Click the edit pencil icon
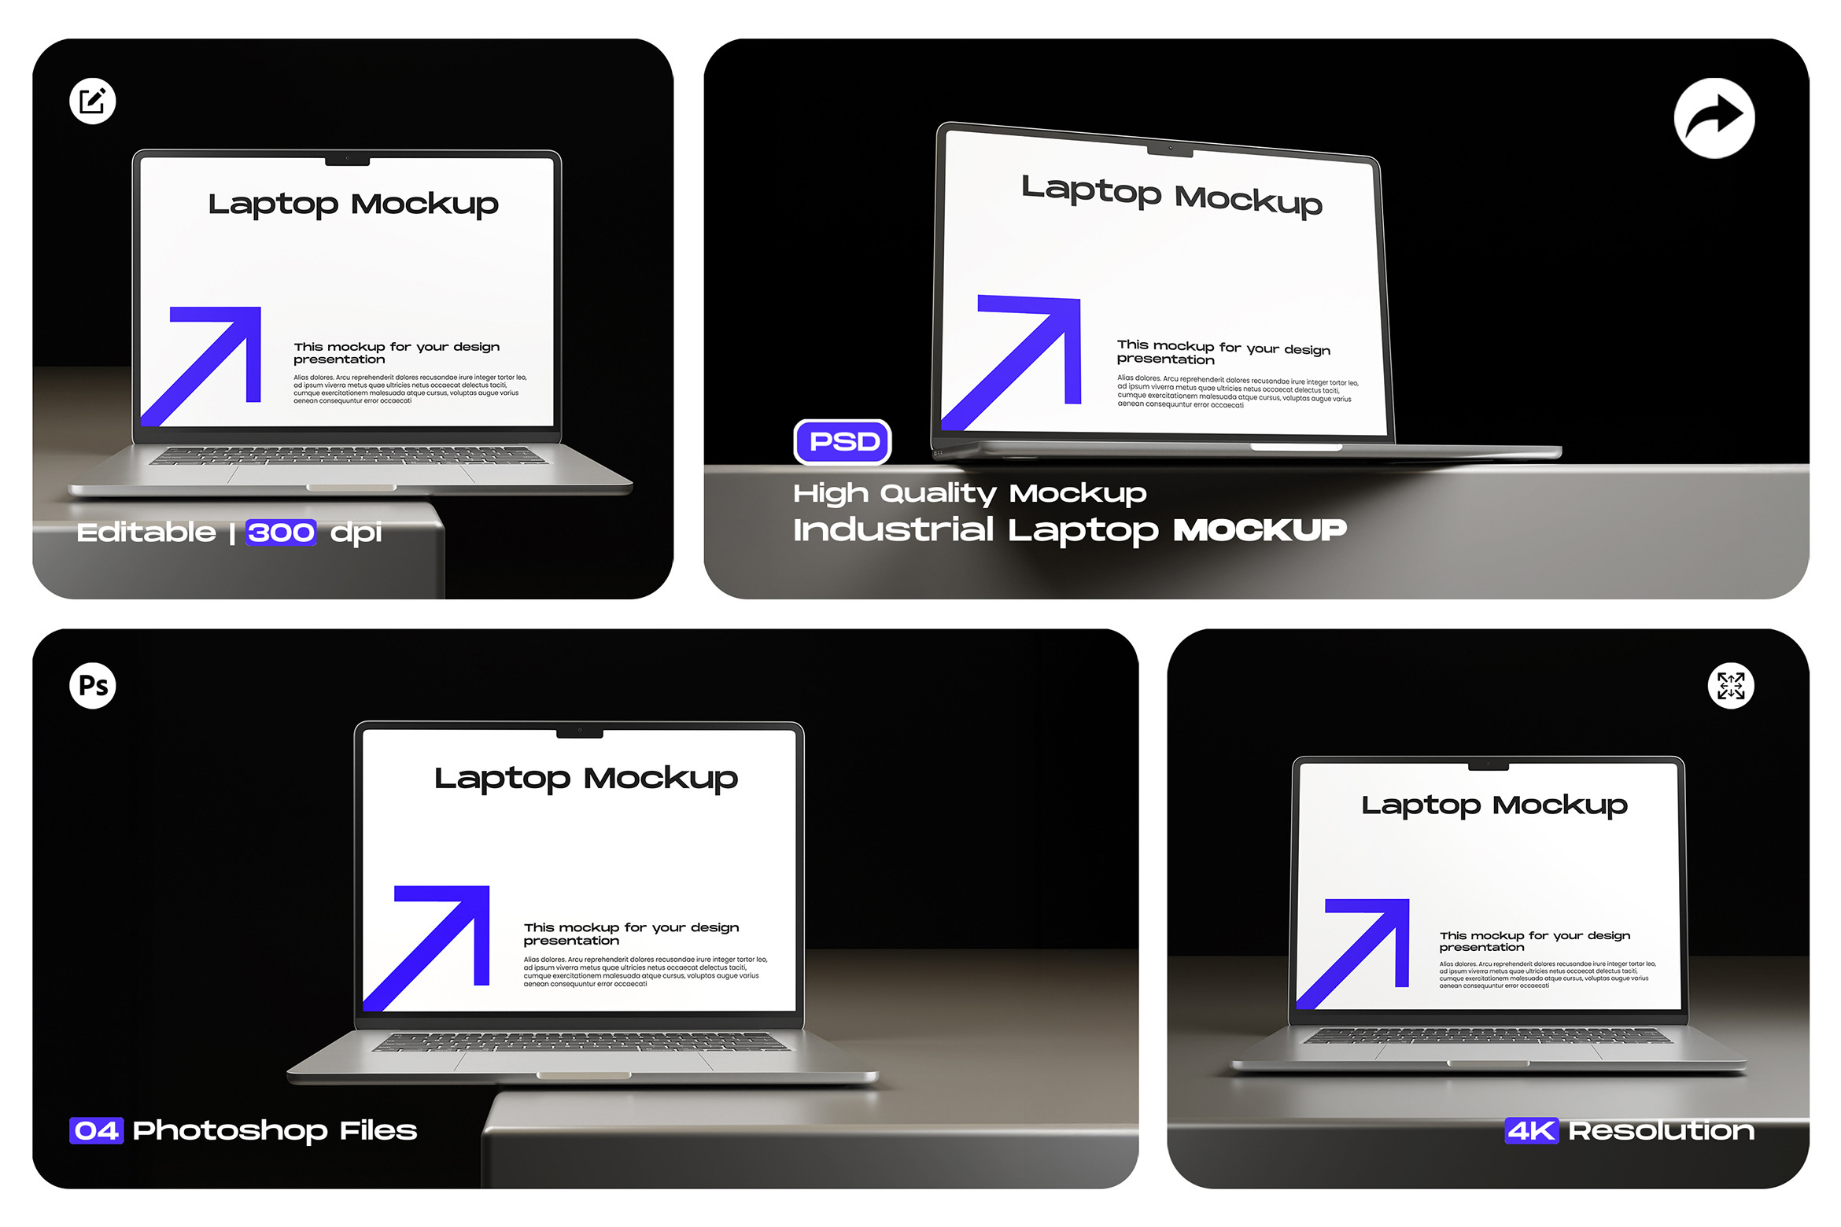point(93,101)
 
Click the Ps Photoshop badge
point(93,686)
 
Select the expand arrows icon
point(1731,686)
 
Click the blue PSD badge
point(843,442)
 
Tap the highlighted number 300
point(281,532)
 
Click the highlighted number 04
point(96,1131)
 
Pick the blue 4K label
point(1531,1131)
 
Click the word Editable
point(146,532)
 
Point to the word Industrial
point(893,529)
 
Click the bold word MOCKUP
point(1260,530)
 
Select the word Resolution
point(1661,1131)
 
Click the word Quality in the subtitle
point(939,494)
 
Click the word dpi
point(356,533)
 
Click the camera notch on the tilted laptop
point(1170,149)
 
